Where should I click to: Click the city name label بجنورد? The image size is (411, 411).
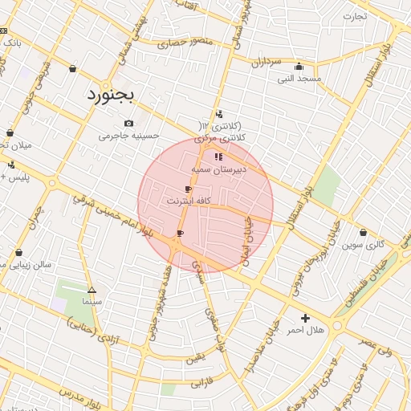point(112,95)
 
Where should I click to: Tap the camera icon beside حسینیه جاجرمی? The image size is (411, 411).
point(128,123)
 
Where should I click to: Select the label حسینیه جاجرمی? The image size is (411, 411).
point(124,136)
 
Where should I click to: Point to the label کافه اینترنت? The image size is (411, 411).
point(188,201)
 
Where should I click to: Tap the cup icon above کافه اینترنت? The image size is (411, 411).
point(188,189)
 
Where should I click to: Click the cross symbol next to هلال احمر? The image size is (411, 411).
point(305,319)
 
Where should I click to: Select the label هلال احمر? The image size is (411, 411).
point(305,331)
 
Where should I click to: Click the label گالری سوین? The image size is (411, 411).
point(363,244)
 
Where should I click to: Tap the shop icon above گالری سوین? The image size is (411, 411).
point(363,233)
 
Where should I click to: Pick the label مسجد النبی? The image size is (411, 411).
point(299,79)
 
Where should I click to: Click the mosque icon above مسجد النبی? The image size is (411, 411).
point(299,67)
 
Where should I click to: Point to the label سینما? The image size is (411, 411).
point(92,302)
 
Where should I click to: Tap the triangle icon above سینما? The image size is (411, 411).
point(92,290)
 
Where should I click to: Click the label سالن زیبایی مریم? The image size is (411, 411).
point(27,263)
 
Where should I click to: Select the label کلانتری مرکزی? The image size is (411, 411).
point(220,138)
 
